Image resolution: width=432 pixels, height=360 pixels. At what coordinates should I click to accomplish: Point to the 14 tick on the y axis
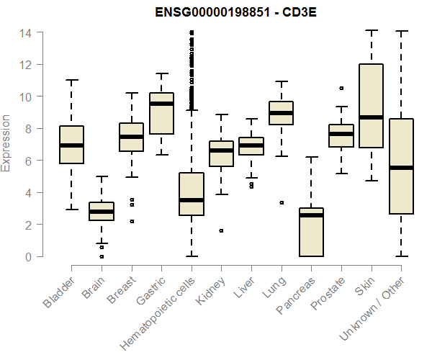pyautogui.click(x=25, y=32)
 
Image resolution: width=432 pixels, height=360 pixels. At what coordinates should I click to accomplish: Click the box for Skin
pyautogui.click(x=371, y=106)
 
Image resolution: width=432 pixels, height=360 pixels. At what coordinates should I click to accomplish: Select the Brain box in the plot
pyautogui.click(x=102, y=211)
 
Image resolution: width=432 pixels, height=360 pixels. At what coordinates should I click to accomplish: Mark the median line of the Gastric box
pyautogui.click(x=161, y=104)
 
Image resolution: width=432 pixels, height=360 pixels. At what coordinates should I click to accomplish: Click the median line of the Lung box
pyautogui.click(x=281, y=113)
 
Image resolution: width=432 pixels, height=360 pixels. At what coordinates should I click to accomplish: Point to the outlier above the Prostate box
pyautogui.click(x=341, y=89)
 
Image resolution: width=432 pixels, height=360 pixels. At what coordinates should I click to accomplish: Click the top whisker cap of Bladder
pyautogui.click(x=71, y=80)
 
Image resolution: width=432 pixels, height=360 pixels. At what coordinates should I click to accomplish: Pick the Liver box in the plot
pyautogui.click(x=251, y=146)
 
